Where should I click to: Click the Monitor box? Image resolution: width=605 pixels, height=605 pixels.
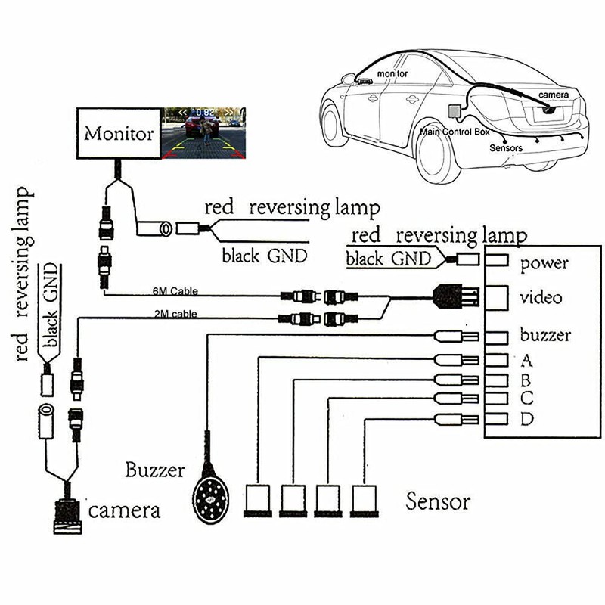pos(118,133)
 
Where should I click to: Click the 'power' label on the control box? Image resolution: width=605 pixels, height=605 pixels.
pos(544,265)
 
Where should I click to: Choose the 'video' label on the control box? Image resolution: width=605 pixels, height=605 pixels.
pos(541,297)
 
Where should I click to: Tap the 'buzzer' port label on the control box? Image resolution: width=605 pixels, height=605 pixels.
pos(545,335)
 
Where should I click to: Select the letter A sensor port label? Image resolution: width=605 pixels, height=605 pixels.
pos(527,359)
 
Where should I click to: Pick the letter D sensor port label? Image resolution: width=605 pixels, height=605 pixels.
pos(528,419)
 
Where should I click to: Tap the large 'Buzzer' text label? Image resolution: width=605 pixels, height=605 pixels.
pos(155,470)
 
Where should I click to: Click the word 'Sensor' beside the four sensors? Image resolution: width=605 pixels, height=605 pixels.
pos(438,501)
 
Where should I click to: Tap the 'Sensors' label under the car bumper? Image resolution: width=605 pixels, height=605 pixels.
pos(506,148)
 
